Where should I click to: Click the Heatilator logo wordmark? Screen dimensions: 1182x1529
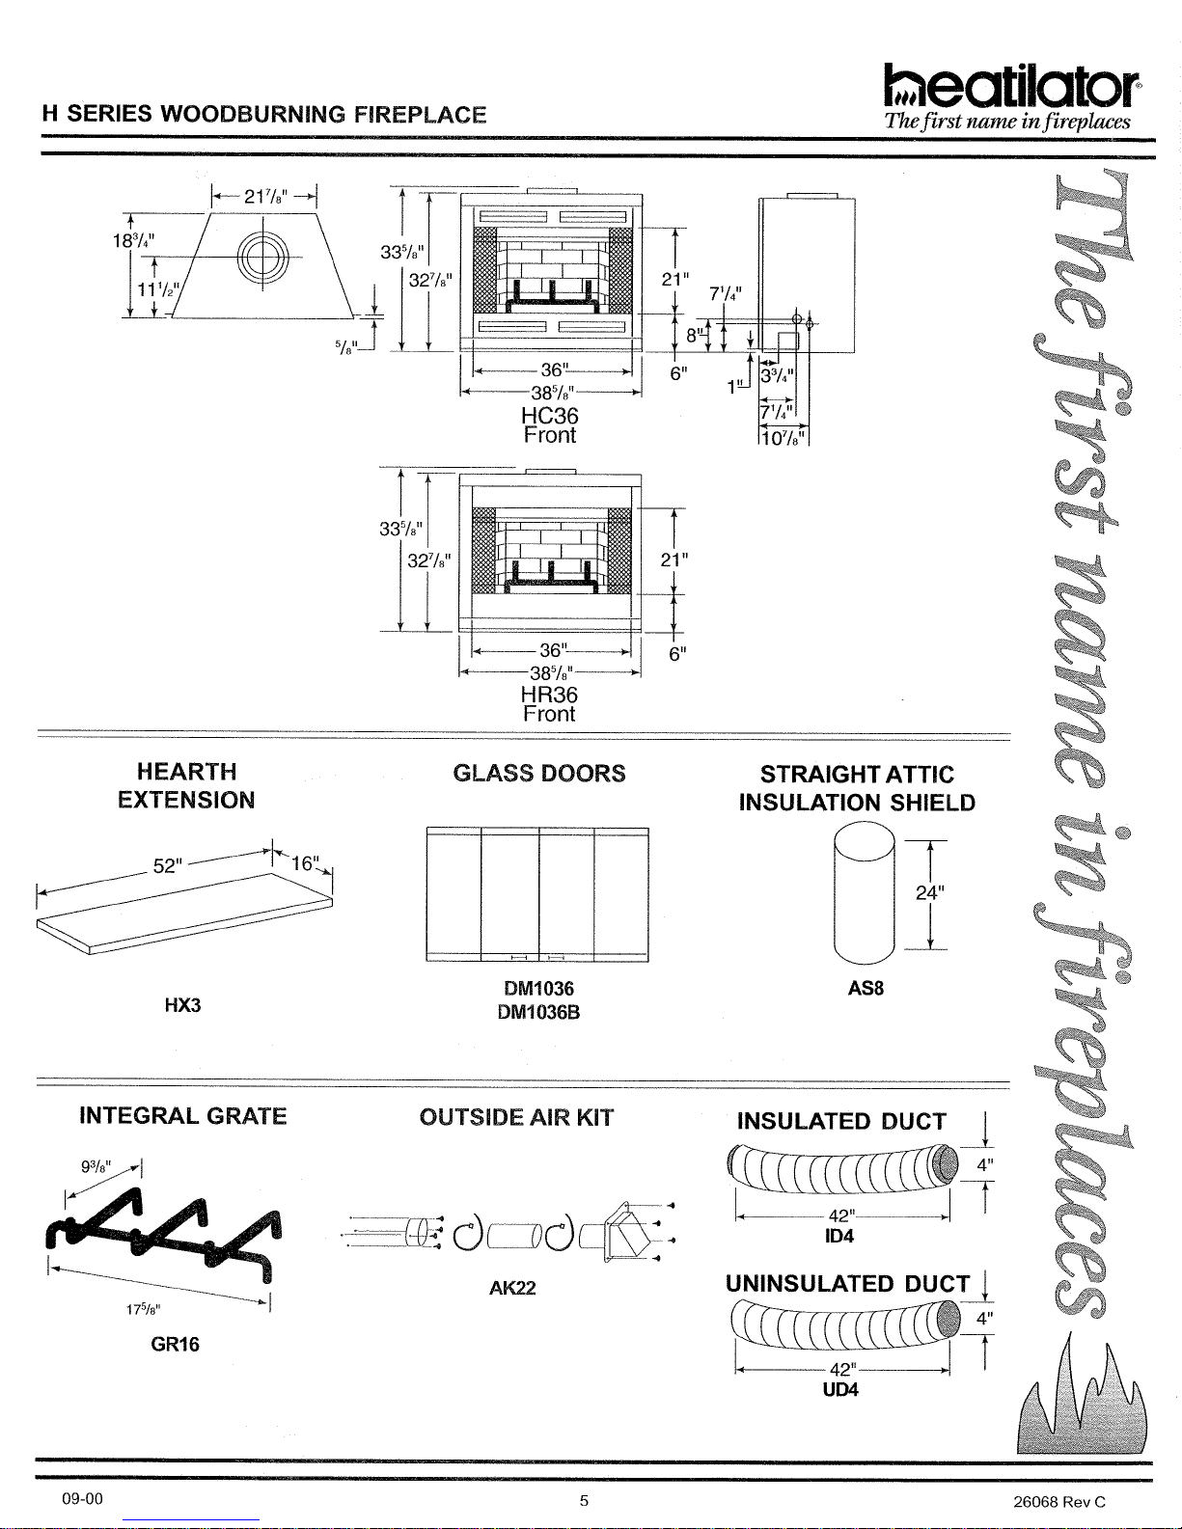tap(1012, 86)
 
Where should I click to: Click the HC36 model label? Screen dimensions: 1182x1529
tap(549, 415)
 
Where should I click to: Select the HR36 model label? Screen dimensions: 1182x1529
tap(549, 695)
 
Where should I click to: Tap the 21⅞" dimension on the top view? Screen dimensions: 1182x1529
tap(265, 197)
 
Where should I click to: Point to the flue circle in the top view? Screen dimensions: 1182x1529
tap(263, 257)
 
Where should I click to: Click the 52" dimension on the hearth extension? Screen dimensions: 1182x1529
tap(168, 866)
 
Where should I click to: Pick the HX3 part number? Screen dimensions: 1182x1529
tap(183, 1005)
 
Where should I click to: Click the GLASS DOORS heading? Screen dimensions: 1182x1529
tap(539, 774)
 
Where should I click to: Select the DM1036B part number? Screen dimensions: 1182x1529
tap(539, 1013)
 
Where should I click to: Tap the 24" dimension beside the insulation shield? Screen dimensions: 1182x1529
tap(929, 893)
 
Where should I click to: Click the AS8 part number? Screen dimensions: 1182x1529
tap(866, 988)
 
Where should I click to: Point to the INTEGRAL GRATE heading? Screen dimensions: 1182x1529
tap(183, 1116)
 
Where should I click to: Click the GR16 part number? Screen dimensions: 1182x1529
tap(176, 1344)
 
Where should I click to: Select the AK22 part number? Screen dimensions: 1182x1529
tap(512, 1288)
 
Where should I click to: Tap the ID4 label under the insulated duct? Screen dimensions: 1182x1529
tap(839, 1236)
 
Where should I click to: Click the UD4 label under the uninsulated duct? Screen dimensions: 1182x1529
tap(840, 1390)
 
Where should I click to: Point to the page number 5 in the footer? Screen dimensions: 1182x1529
tap(584, 1501)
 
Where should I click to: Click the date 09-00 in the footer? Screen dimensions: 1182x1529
tap(82, 1499)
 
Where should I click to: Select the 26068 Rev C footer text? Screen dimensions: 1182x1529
tap(1058, 1502)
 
